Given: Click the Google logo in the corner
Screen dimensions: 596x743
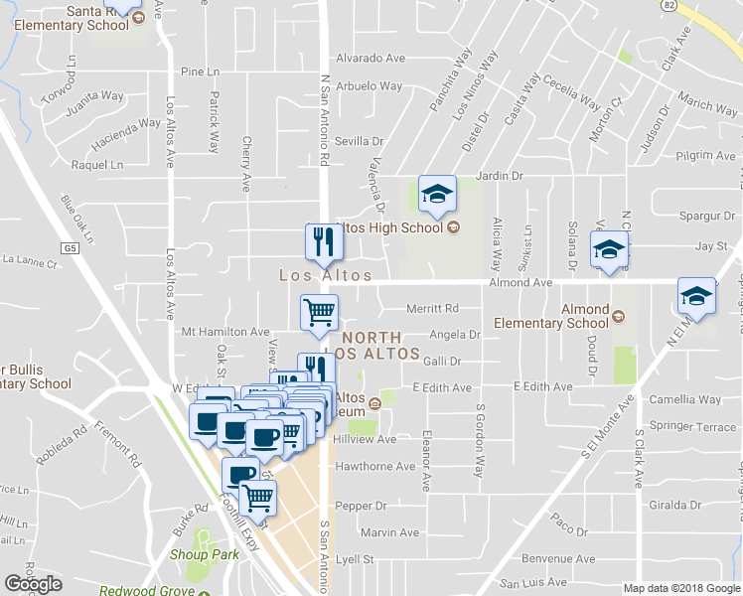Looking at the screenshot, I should pyautogui.click(x=33, y=584).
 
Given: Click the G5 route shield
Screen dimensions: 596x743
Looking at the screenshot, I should pyautogui.click(x=68, y=247).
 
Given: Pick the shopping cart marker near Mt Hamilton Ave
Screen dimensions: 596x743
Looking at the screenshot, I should pyautogui.click(x=320, y=313).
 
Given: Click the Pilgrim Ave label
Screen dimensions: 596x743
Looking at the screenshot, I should pyautogui.click(x=705, y=155).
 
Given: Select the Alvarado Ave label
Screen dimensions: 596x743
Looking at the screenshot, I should pyautogui.click(x=370, y=58).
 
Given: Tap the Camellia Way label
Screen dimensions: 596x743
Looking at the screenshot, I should pyautogui.click(x=684, y=399).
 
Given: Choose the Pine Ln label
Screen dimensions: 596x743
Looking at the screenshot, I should pyautogui.click(x=200, y=72).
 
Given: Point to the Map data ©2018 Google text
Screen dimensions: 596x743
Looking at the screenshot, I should pyautogui.click(x=681, y=588).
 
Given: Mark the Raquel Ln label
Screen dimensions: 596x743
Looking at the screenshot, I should pyautogui.click(x=110, y=164).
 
